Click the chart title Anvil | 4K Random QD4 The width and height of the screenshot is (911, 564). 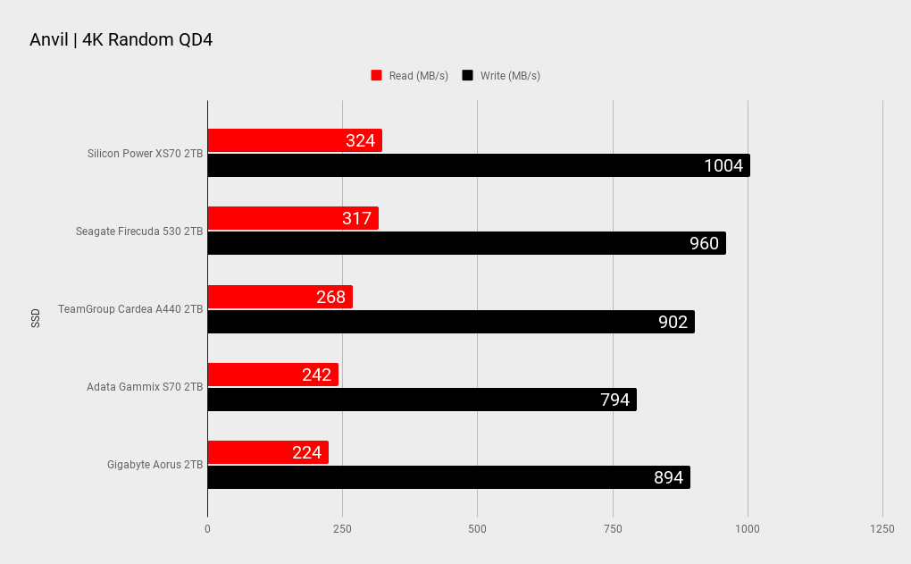pos(121,40)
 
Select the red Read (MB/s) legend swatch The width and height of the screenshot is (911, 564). pos(376,76)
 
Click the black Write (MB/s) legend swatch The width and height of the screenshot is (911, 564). pos(467,76)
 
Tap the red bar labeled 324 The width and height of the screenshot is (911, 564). pos(295,140)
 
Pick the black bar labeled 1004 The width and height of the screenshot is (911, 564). pos(478,165)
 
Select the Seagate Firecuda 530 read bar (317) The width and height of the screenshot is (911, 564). pos(292,218)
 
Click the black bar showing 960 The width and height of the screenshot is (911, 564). pos(466,243)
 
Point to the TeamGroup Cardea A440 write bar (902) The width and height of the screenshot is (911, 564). pos(450,322)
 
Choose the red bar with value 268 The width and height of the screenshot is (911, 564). pos(280,297)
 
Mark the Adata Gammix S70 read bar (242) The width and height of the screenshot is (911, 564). pos(272,375)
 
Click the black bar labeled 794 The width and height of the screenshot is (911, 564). pos(422,400)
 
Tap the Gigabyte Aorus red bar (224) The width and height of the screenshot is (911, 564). pos(267,452)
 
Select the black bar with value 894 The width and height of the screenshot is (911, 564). pos(448,477)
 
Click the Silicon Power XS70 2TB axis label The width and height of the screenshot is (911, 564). pos(145,154)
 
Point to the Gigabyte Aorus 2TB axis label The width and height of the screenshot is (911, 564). pos(155,465)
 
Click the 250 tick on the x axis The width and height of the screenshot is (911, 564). pos(342,529)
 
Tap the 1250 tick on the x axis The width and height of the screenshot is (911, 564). pos(882,529)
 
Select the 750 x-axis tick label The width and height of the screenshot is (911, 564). pos(613,529)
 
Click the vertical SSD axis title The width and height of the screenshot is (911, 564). pos(36,317)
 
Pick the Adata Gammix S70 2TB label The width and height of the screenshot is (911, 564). pos(145,387)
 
